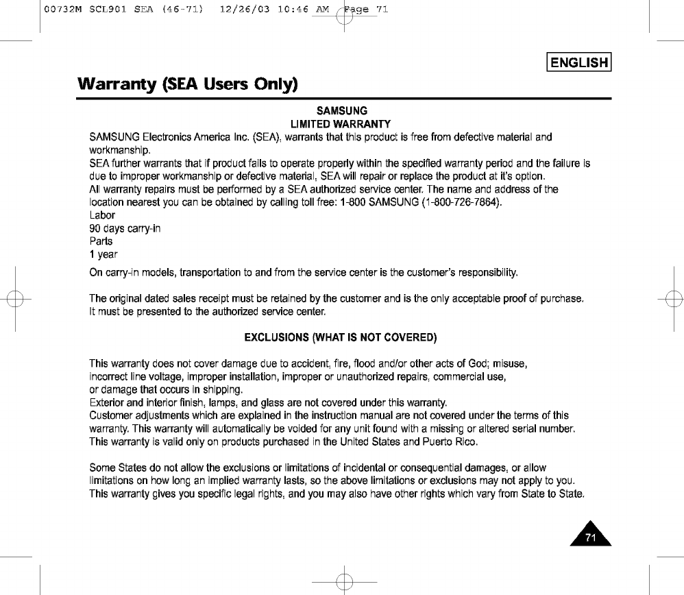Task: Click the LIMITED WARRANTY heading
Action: click(x=341, y=124)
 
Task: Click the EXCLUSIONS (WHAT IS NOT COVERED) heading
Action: click(x=341, y=338)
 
